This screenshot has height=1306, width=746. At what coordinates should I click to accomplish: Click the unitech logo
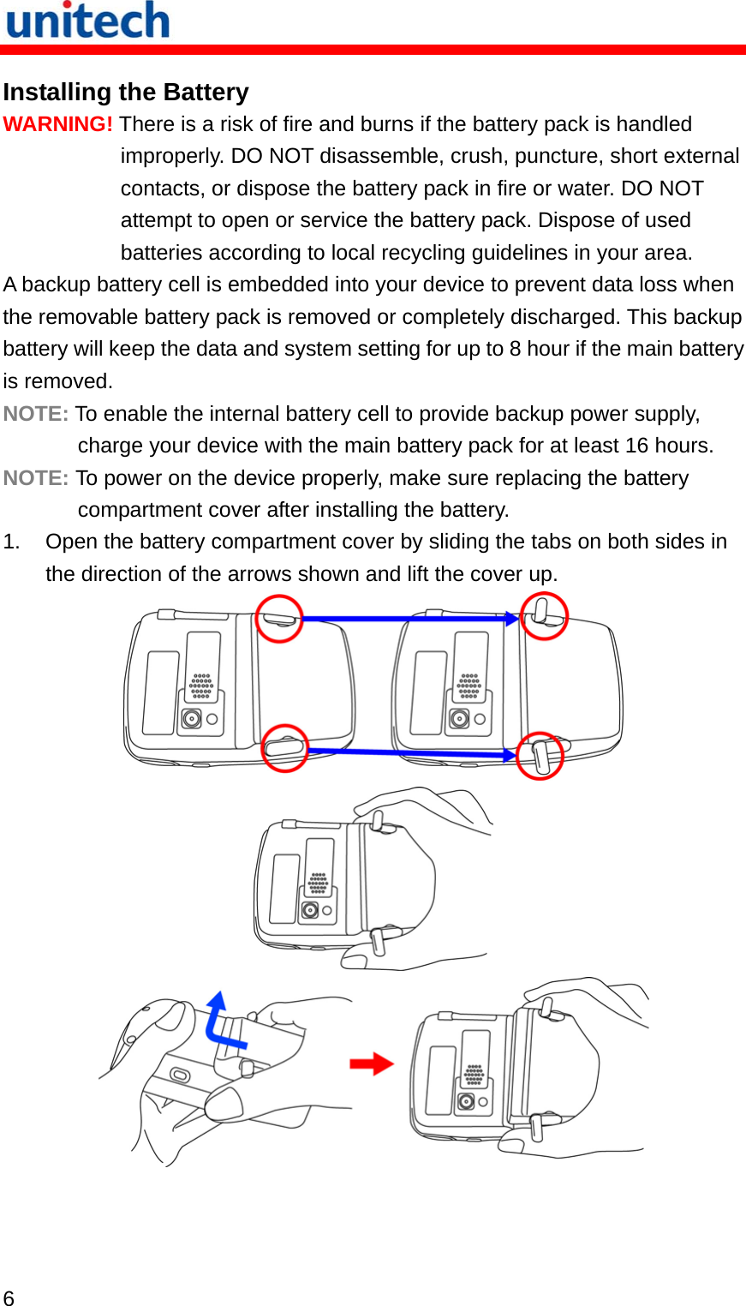coord(87,21)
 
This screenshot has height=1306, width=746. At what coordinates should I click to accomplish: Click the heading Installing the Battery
coord(126,92)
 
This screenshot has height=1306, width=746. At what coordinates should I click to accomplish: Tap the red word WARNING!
coord(57,124)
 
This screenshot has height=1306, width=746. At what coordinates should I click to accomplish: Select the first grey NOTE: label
coord(35,414)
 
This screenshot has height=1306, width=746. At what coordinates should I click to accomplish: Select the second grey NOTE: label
coord(35,478)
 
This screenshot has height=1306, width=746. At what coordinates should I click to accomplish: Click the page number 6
coord(9,1297)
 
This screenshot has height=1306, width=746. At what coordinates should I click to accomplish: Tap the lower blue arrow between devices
coord(411,753)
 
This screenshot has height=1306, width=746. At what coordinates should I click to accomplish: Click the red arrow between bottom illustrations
coord(372,1064)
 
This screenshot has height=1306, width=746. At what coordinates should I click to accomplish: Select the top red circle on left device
coord(279,618)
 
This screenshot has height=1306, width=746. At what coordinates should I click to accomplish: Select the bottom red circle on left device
coord(284,748)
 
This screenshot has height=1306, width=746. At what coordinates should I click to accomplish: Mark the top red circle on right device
coord(545,616)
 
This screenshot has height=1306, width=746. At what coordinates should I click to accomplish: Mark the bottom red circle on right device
coord(540,755)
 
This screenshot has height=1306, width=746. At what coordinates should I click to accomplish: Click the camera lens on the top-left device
coord(192,718)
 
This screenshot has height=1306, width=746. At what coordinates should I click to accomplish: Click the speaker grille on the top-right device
coord(468,686)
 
